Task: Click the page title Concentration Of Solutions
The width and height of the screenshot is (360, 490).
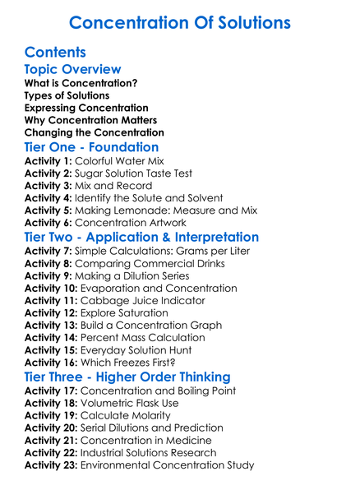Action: [x=179, y=21]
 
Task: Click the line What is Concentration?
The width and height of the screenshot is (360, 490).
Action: [x=81, y=84]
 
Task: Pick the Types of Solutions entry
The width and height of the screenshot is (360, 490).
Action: [x=67, y=96]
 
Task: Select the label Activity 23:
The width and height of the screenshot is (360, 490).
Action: [x=52, y=465]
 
